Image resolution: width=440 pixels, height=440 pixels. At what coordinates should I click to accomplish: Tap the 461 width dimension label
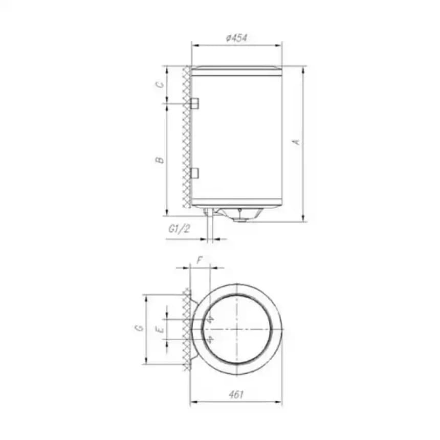[x=236, y=394]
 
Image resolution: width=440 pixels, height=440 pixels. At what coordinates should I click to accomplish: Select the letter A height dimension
[x=295, y=142]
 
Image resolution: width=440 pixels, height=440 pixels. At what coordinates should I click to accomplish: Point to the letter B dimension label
[x=160, y=160]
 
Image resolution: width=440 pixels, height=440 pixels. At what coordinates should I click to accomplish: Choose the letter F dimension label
[x=200, y=260]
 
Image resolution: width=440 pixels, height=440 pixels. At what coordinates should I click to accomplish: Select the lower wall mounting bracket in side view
[x=194, y=173]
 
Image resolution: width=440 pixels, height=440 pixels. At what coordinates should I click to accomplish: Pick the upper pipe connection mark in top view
[x=210, y=319]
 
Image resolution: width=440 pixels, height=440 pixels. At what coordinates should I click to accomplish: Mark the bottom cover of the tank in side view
[x=236, y=207]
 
